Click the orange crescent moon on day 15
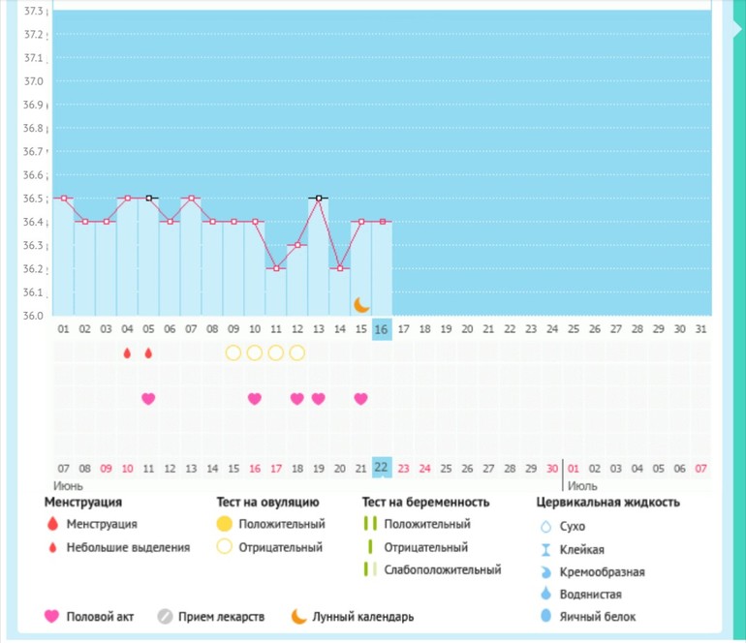[361, 304]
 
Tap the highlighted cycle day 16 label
[382, 329]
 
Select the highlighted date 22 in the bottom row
[382, 468]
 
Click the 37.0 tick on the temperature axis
[33, 81]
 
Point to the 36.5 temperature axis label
[33, 199]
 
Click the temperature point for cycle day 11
[276, 268]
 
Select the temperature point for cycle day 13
[318, 198]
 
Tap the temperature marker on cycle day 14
[339, 268]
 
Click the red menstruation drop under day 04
[127, 353]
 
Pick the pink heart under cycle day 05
[148, 398]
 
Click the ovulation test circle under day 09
[233, 352]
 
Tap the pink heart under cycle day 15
[360, 398]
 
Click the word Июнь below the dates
[69, 484]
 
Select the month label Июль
[581, 484]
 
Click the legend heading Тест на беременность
[425, 503]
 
